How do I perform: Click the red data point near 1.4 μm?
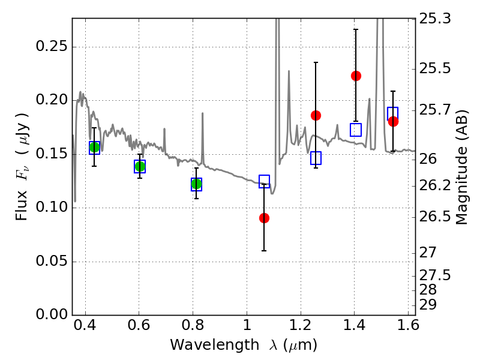coord(356,76)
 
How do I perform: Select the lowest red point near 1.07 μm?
coord(264,218)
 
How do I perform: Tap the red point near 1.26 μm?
coord(316,115)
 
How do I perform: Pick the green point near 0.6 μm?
coord(140,166)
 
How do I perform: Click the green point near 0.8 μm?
coord(196,184)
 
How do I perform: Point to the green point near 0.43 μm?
coord(94,148)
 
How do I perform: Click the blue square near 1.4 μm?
coord(356,130)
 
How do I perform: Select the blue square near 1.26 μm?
coord(316,158)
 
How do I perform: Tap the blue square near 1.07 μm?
coord(264,181)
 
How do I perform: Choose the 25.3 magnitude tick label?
coord(436,19)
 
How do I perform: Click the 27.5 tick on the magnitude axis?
coord(436,275)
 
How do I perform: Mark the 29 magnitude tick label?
coord(430,304)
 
